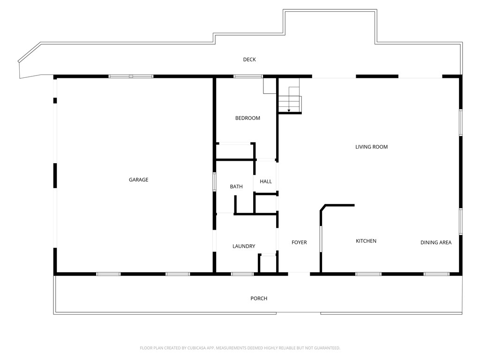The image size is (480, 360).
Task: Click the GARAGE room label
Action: pyautogui.click(x=138, y=180)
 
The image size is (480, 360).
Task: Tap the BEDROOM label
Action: pyautogui.click(x=247, y=118)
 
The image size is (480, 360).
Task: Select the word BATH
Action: pyautogui.click(x=236, y=187)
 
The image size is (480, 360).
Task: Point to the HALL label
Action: pyautogui.click(x=266, y=181)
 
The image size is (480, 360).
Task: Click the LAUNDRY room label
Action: pyautogui.click(x=244, y=246)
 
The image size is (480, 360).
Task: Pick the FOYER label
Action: pyautogui.click(x=299, y=242)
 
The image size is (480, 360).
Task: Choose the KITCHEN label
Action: pyautogui.click(x=366, y=241)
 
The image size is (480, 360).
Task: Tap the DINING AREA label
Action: pyautogui.click(x=436, y=242)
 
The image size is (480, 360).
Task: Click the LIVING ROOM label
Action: pyautogui.click(x=371, y=147)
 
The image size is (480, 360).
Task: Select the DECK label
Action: pyautogui.click(x=249, y=60)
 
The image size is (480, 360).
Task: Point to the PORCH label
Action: pyautogui.click(x=259, y=298)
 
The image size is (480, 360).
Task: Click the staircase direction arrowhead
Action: pyautogui.click(x=289, y=111)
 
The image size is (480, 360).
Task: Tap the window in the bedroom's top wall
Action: pyautogui.click(x=248, y=76)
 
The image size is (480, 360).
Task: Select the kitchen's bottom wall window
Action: pyautogui.click(x=368, y=274)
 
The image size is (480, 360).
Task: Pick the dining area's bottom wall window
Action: pyautogui.click(x=436, y=274)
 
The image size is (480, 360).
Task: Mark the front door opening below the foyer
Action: pyautogui.click(x=299, y=273)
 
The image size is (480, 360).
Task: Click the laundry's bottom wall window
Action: pyautogui.click(x=242, y=274)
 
